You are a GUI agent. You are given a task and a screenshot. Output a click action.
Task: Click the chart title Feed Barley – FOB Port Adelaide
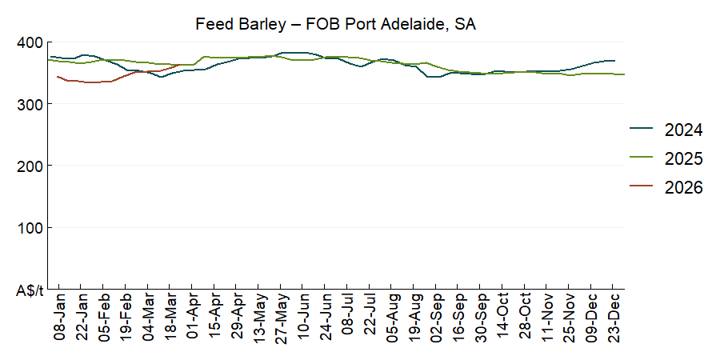click(336, 24)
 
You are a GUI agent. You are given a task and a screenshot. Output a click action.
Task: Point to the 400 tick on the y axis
click(30, 42)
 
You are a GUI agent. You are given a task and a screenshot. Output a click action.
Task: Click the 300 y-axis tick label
click(30, 104)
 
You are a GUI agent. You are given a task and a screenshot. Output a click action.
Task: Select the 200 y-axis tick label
click(30, 166)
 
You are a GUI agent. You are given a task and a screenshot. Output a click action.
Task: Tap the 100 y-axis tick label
click(30, 228)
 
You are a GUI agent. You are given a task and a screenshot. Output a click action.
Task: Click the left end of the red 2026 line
click(58, 77)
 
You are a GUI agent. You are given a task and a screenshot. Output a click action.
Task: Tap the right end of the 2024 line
click(614, 61)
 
